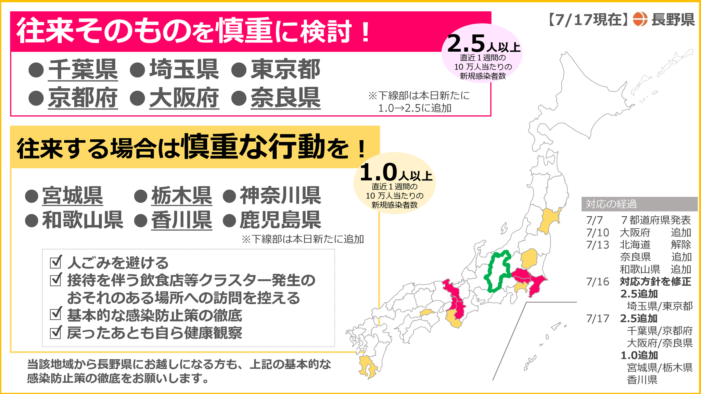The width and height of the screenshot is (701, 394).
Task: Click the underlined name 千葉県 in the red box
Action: (83, 69)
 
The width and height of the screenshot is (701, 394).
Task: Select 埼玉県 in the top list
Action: (184, 69)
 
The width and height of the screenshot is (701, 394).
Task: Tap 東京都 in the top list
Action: (285, 69)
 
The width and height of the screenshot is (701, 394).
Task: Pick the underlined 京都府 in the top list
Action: (83, 98)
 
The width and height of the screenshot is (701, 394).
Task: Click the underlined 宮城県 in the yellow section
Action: (73, 196)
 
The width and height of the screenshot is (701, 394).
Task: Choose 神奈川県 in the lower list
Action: (280, 196)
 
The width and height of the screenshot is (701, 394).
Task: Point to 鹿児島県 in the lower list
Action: (280, 220)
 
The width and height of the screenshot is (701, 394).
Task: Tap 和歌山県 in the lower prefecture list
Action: (82, 220)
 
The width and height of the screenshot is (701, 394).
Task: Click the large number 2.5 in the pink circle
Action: (466, 44)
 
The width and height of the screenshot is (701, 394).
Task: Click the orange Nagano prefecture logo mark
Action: (640, 19)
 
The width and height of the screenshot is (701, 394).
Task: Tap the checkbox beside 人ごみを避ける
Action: (56, 262)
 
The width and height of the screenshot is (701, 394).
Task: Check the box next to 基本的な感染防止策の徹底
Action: (56, 314)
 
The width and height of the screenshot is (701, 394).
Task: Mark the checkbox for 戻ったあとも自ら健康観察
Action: (56, 332)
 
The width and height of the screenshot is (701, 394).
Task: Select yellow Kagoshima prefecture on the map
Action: (367, 367)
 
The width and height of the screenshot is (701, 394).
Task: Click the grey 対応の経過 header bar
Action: (639, 204)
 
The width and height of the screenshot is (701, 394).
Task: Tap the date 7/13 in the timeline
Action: (598, 245)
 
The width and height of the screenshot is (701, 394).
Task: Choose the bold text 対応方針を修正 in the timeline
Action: (655, 282)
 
